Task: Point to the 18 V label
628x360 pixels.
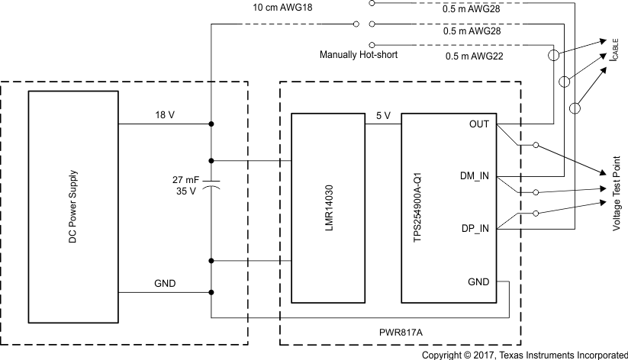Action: pyautogui.click(x=165, y=114)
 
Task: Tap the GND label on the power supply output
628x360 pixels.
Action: pyautogui.click(x=165, y=283)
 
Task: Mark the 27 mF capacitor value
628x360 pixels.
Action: pyautogui.click(x=186, y=179)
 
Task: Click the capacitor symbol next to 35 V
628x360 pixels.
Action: pyautogui.click(x=211, y=185)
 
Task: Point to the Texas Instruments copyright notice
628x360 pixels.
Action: pyautogui.click(x=524, y=355)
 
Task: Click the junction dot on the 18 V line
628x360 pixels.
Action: pyautogui.click(x=211, y=124)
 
